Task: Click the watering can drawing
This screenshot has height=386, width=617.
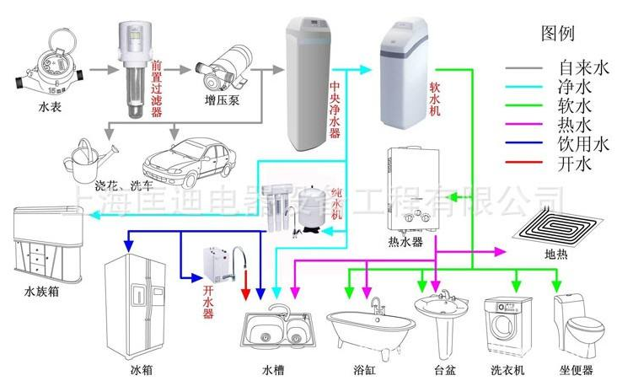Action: [92, 156]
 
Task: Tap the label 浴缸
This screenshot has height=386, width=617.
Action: [368, 370]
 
